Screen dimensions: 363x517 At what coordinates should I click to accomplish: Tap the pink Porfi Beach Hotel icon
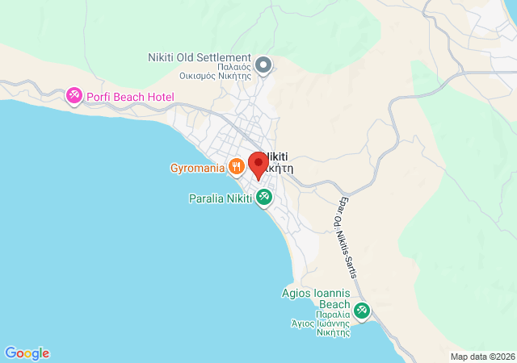click(x=74, y=97)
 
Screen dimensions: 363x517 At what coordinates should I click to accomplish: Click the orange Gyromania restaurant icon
click(x=236, y=168)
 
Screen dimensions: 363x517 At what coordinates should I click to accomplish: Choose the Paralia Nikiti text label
click(x=220, y=198)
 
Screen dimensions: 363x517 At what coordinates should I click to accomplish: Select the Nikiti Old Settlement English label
click(x=200, y=57)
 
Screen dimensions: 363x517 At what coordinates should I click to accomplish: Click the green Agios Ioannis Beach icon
click(x=361, y=309)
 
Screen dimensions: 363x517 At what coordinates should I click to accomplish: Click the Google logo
click(x=27, y=353)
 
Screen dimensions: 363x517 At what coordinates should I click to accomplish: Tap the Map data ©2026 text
click(x=481, y=357)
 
